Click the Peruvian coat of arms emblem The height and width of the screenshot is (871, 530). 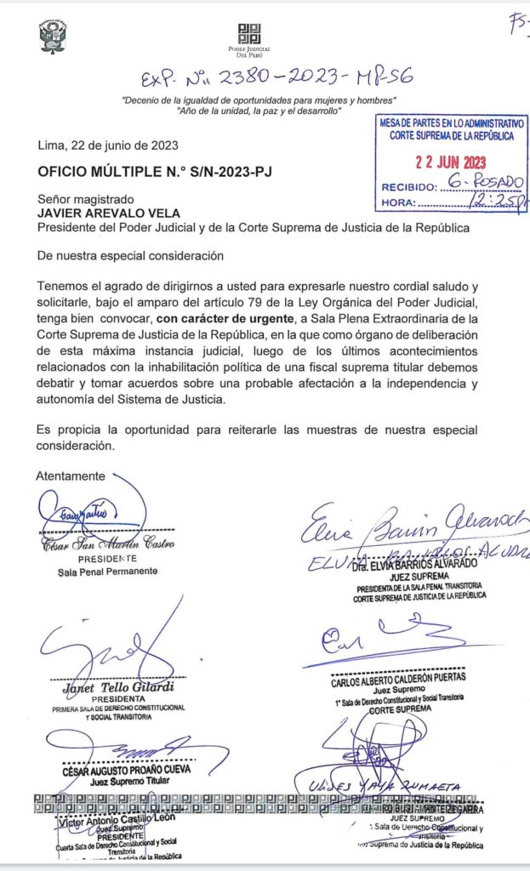click(x=52, y=36)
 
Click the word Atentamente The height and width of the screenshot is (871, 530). click(x=71, y=476)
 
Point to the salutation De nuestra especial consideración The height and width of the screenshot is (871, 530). click(x=130, y=255)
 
